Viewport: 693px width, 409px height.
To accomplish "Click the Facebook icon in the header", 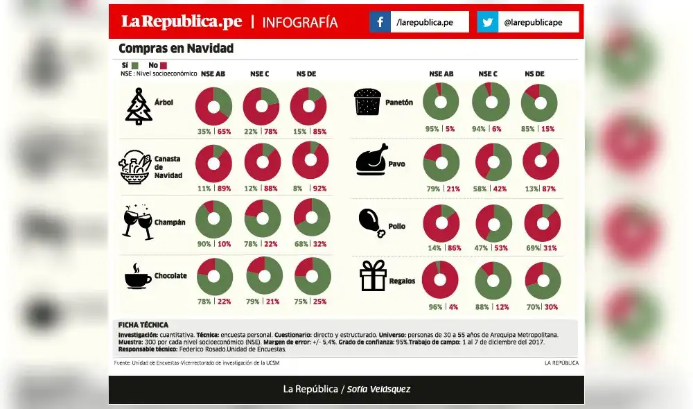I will click(380, 22).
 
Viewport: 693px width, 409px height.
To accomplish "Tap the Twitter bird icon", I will click(488, 22).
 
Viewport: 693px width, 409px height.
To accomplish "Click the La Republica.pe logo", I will click(182, 21).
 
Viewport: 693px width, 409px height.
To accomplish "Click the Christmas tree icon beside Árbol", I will click(139, 107).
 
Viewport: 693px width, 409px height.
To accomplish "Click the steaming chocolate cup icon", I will click(137, 276).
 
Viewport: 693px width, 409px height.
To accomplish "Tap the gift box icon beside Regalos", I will click(373, 276).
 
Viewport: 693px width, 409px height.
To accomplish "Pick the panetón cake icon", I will click(369, 103).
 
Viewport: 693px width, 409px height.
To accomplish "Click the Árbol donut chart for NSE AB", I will click(213, 106).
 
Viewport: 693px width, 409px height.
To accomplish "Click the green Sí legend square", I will click(134, 65).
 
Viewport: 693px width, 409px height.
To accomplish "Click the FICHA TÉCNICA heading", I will click(143, 325).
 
